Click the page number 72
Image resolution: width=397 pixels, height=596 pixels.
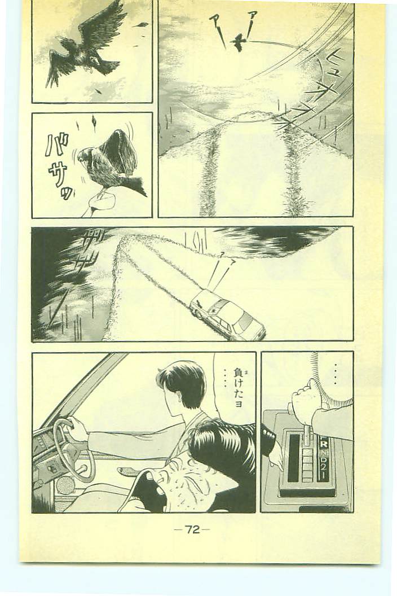pyautogui.click(x=192, y=529)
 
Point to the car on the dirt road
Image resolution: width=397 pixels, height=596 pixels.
pyautogui.click(x=227, y=315)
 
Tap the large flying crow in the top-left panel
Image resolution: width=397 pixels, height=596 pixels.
pyautogui.click(x=82, y=50)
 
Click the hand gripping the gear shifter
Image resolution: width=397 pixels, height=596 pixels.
pyautogui.click(x=304, y=399)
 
